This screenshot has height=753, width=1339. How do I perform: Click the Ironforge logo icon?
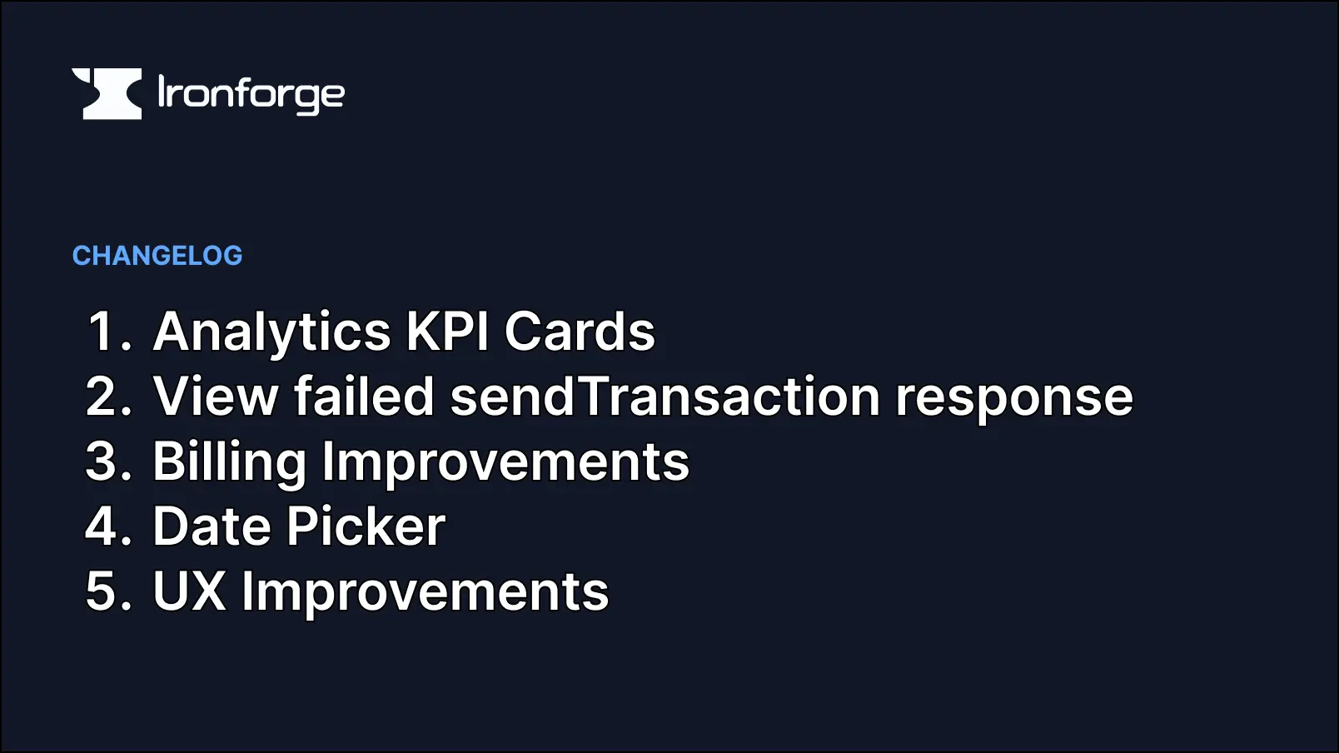click(x=107, y=93)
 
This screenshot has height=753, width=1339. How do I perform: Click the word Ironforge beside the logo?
click(x=251, y=94)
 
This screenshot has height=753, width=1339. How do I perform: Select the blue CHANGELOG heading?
click(x=157, y=256)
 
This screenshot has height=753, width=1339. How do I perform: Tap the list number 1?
click(x=107, y=332)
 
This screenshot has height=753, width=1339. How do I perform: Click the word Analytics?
click(x=271, y=332)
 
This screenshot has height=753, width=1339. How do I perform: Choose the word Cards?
click(x=580, y=332)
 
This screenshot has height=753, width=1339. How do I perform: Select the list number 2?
click(x=108, y=396)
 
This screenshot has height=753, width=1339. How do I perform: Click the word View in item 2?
click(x=215, y=396)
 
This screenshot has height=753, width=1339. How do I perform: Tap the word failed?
click(x=364, y=396)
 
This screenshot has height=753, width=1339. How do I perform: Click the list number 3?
click(x=108, y=461)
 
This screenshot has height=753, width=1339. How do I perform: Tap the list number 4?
click(x=108, y=526)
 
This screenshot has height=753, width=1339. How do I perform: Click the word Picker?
click(x=366, y=526)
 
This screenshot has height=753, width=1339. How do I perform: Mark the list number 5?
click(x=108, y=591)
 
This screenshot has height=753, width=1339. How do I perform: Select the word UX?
click(x=189, y=591)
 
